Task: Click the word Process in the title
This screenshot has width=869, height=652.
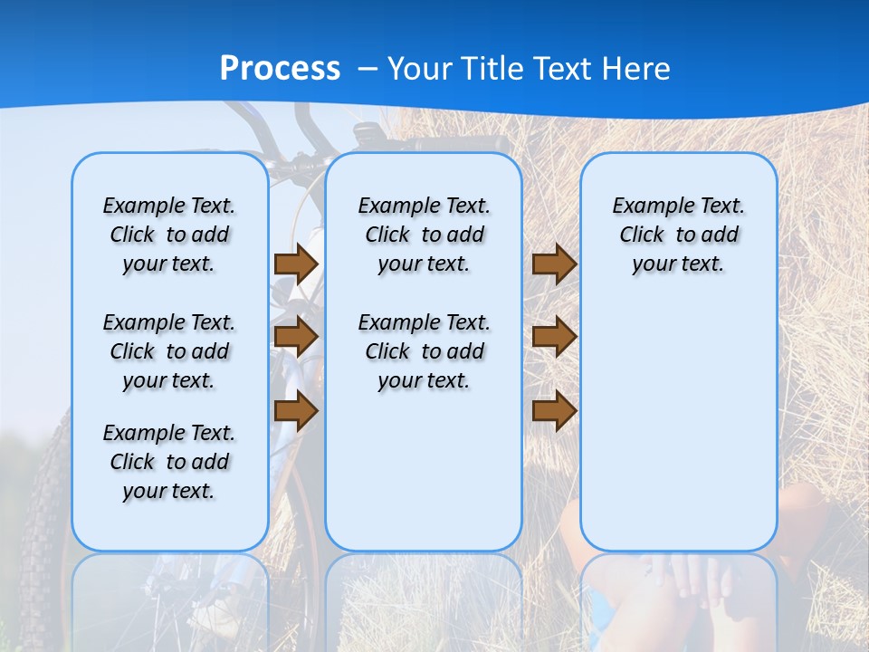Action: click(x=280, y=68)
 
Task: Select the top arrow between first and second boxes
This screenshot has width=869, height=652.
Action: click(x=296, y=264)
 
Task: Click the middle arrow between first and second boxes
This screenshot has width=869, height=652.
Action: click(x=296, y=337)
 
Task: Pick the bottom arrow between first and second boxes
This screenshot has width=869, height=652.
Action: click(x=296, y=411)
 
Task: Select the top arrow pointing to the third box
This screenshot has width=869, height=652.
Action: click(x=554, y=264)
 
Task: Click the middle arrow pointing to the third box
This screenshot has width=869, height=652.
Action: click(x=554, y=337)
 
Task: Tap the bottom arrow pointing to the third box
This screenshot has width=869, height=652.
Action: click(x=554, y=411)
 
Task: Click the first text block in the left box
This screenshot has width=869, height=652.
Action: click(x=169, y=235)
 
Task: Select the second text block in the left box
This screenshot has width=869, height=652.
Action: click(x=169, y=351)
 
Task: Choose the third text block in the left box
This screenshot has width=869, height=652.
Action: click(x=169, y=462)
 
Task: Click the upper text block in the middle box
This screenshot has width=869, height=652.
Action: click(x=424, y=235)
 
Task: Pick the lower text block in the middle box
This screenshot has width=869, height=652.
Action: click(x=424, y=351)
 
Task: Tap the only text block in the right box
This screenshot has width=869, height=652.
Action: click(x=678, y=235)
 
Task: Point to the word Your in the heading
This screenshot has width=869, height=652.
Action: click(x=422, y=68)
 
